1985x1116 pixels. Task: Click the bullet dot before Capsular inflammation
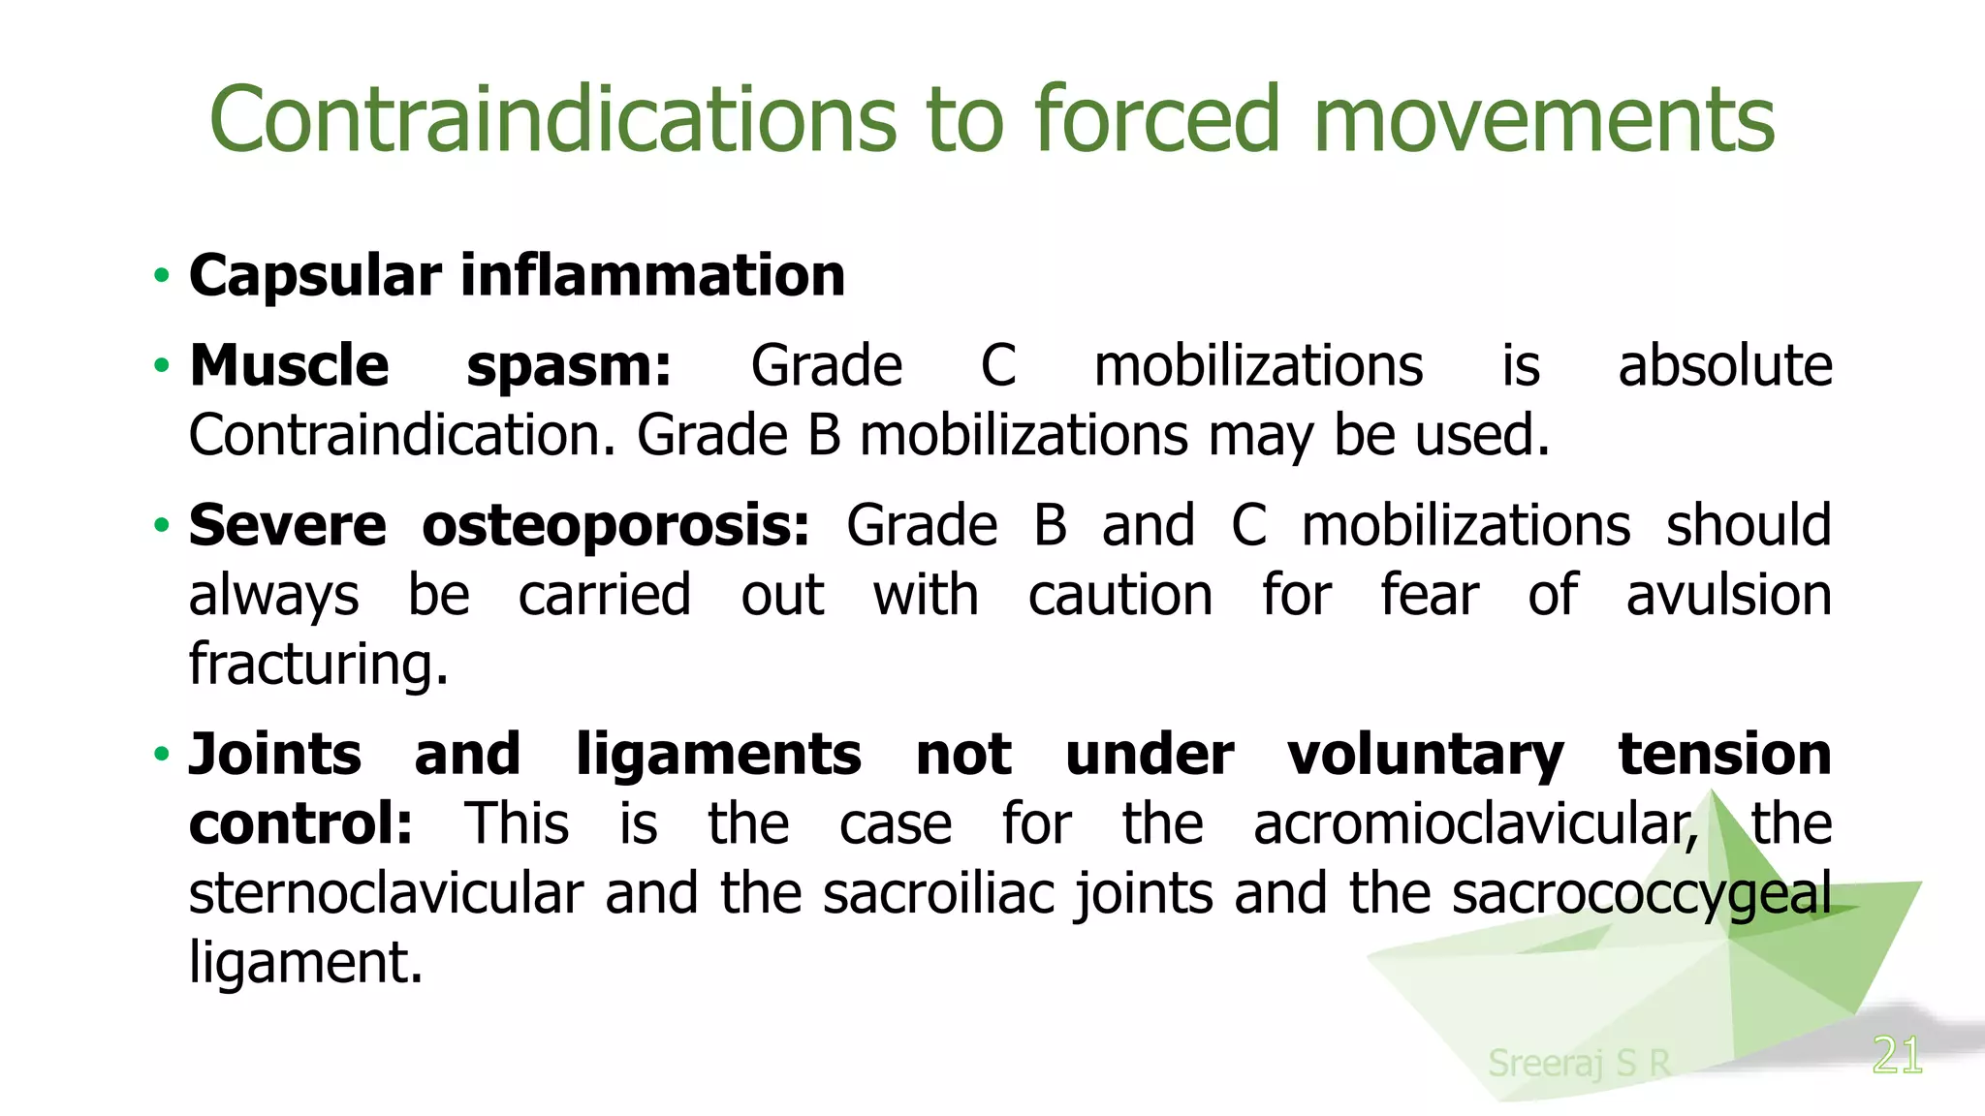pyautogui.click(x=162, y=276)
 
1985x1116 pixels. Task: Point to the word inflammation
pyautogui.click(x=652, y=276)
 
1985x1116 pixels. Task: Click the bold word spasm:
pyautogui.click(x=569, y=367)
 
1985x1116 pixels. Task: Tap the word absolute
pyautogui.click(x=1724, y=367)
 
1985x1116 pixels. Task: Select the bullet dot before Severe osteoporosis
pyautogui.click(x=162, y=526)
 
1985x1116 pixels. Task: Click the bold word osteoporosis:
pyautogui.click(x=615, y=526)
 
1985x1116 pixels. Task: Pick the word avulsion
pyautogui.click(x=1728, y=595)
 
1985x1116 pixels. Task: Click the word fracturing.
pyautogui.click(x=318, y=665)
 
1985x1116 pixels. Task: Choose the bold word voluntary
pyautogui.click(x=1425, y=755)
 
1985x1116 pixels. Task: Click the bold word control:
pyautogui.click(x=300, y=824)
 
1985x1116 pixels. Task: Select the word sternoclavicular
pyautogui.click(x=386, y=893)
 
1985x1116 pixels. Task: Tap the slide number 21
pyautogui.click(x=1897, y=1056)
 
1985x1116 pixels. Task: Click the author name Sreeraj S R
pyautogui.click(x=1579, y=1063)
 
